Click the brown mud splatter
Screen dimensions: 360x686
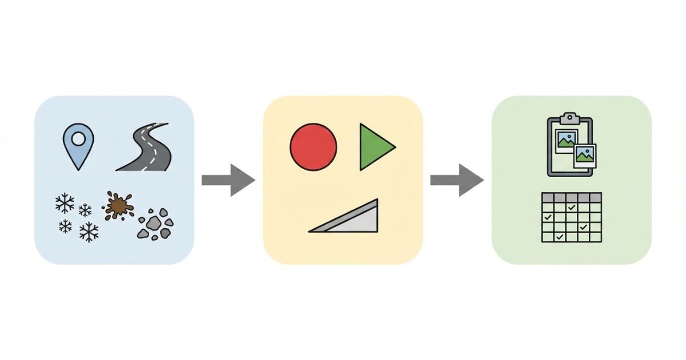point(118,205)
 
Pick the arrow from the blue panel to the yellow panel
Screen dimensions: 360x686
point(228,180)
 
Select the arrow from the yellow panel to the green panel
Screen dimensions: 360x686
point(457,180)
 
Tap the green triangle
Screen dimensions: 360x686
point(374,147)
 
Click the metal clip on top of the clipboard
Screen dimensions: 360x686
point(569,118)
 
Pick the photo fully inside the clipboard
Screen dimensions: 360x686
point(566,140)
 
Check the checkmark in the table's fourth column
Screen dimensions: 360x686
point(583,227)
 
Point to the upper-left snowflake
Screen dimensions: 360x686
point(64,202)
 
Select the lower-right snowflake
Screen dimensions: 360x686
point(89,231)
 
